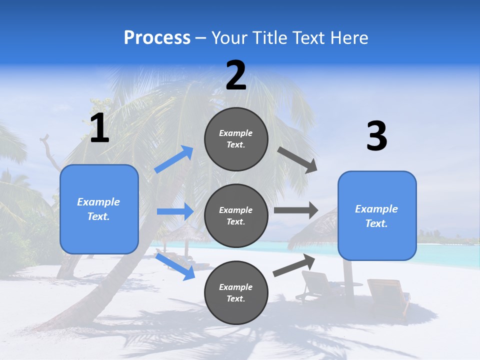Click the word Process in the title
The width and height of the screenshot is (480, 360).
[157, 37]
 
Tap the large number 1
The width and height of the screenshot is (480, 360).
[99, 128]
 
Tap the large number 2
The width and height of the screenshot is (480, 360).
[236, 75]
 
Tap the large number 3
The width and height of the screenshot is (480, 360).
[376, 136]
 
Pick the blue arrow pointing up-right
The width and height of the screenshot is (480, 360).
[174, 159]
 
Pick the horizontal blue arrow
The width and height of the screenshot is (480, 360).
[175, 211]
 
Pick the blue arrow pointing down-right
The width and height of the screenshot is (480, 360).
[175, 266]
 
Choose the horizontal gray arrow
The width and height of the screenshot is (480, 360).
[296, 210]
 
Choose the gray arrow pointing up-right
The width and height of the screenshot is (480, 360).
[294, 265]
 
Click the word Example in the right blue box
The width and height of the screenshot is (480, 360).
[376, 209]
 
